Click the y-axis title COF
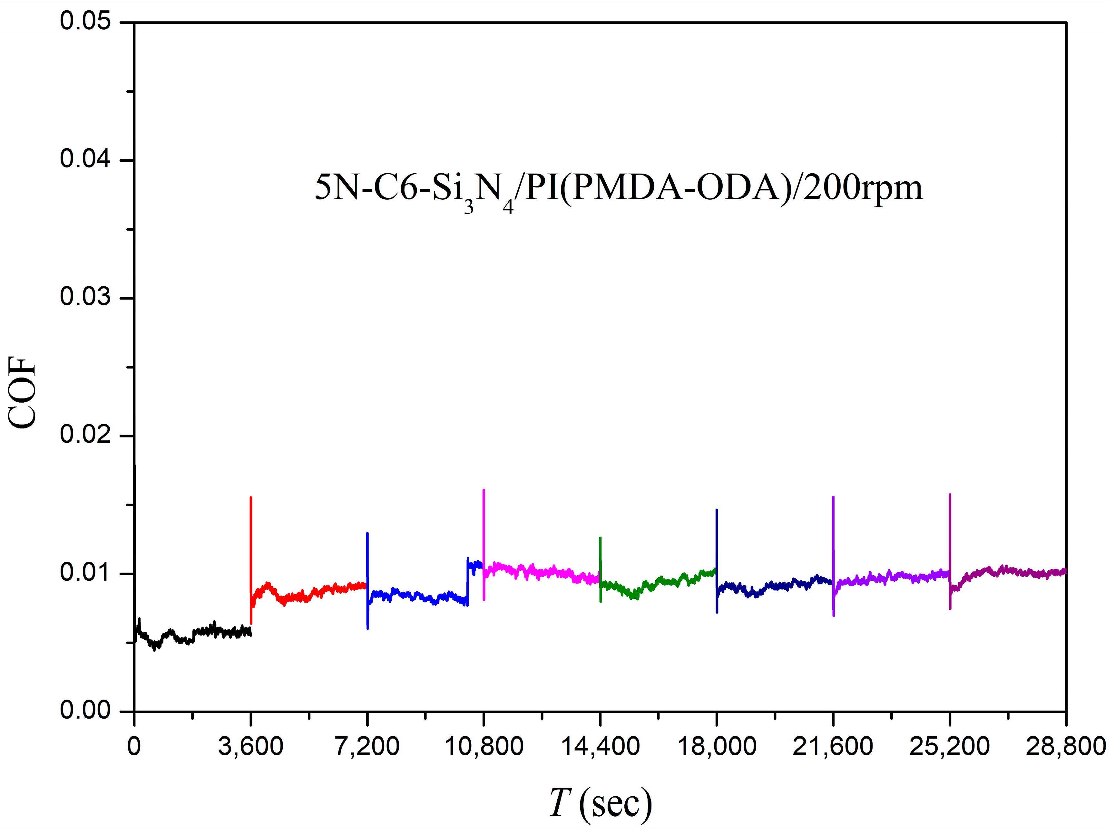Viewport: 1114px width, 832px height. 23,393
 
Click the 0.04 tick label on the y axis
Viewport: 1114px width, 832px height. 85,159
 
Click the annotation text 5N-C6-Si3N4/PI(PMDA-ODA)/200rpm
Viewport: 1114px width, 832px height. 619,189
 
